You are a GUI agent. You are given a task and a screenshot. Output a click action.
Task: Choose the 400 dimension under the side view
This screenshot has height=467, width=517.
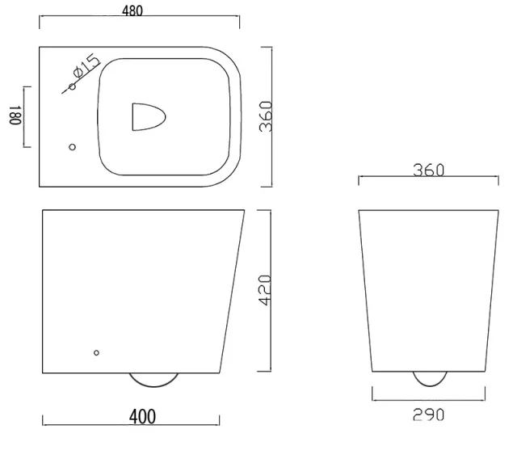point(142,417)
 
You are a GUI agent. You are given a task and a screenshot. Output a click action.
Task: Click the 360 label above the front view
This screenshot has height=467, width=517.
point(428,170)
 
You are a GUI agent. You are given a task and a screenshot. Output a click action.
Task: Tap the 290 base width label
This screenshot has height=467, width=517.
point(428,415)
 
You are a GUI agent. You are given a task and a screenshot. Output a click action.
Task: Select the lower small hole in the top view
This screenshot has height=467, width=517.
point(72,147)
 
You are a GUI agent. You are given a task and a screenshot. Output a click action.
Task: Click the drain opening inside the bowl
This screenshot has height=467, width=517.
point(148,116)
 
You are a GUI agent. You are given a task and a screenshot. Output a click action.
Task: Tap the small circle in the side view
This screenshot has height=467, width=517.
point(96,353)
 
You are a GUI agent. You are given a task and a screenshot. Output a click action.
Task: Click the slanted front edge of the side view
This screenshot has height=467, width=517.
point(232,292)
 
